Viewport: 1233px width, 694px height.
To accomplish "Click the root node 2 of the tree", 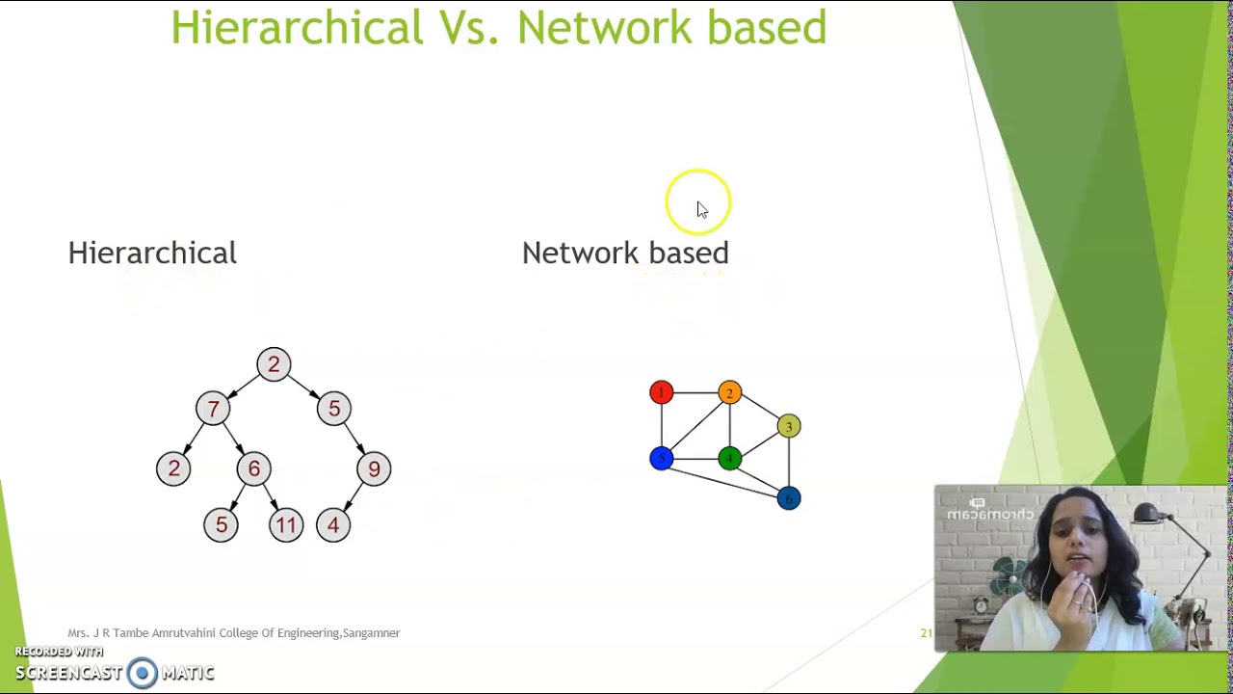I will (x=274, y=364).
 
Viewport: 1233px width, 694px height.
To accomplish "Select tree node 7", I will (x=213, y=409).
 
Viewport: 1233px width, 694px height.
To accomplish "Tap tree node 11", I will (x=286, y=525).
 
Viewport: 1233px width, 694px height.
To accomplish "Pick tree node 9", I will (x=374, y=469).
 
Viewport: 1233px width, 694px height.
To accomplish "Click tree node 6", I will (x=254, y=469).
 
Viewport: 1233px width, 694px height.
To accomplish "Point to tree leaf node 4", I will (x=333, y=525).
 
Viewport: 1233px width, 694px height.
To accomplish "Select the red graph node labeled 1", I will (x=661, y=392).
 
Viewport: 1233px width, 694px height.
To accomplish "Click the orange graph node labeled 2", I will (x=729, y=392).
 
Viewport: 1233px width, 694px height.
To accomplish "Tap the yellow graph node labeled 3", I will (x=788, y=426).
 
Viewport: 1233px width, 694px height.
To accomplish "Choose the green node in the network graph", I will (x=729, y=459).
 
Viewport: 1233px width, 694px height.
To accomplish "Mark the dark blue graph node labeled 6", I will (x=788, y=498).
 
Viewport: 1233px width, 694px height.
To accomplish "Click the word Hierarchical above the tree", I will (x=152, y=254).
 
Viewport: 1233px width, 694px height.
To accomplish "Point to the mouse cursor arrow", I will (x=701, y=209).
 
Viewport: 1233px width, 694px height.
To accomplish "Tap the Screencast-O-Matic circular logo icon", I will (x=142, y=673).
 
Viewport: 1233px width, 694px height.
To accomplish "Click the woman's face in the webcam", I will (x=1072, y=550).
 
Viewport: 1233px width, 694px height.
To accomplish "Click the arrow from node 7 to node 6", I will (x=234, y=440).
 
